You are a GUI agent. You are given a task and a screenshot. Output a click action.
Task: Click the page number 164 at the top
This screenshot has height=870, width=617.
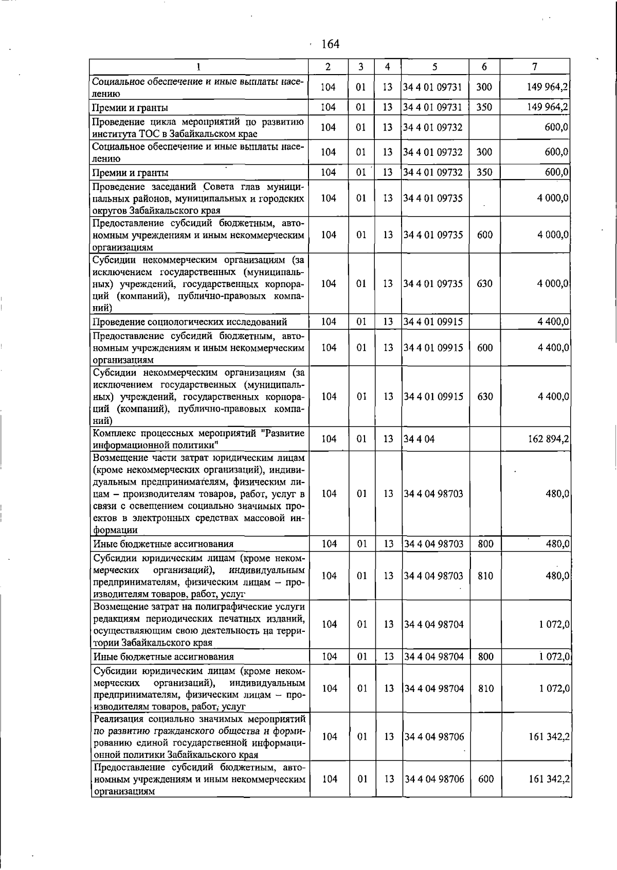tap(330, 44)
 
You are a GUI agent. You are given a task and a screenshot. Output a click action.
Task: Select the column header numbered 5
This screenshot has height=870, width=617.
tap(434, 66)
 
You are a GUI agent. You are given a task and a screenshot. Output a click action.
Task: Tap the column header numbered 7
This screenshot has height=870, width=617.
tap(535, 66)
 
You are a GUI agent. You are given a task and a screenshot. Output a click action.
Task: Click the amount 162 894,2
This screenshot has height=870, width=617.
tap(548, 439)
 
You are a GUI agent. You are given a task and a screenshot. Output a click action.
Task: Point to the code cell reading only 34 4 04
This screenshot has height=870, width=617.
tap(419, 439)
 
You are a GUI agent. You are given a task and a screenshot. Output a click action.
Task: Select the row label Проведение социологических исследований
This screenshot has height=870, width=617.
tap(190, 322)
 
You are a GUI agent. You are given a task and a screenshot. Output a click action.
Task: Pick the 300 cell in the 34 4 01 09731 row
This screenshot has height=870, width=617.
tap(484, 87)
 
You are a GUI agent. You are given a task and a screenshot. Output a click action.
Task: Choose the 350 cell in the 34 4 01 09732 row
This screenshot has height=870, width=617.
tap(484, 172)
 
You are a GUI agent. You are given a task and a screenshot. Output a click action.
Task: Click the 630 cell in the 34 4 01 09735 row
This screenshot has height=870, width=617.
tap(484, 283)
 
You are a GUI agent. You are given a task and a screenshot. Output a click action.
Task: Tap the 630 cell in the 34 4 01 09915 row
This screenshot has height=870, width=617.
tap(485, 397)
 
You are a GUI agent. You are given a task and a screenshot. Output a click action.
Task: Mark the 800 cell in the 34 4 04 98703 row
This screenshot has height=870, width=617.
tap(485, 544)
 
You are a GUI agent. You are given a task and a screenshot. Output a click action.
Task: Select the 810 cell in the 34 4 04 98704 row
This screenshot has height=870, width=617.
tap(485, 688)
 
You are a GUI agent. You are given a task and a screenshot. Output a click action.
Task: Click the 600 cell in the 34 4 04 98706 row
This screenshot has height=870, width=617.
tap(486, 779)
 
